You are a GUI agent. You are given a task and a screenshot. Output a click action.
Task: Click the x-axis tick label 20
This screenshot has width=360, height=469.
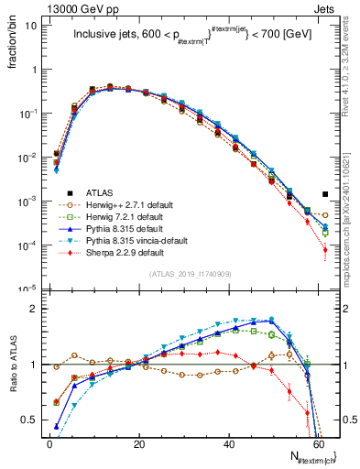point(138,443)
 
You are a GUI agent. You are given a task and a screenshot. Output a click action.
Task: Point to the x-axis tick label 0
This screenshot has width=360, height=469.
point(49,443)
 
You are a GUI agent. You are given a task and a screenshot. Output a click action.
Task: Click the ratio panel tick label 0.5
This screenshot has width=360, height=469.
point(30,420)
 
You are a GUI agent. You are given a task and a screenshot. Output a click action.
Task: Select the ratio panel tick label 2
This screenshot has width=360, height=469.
point(35,309)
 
